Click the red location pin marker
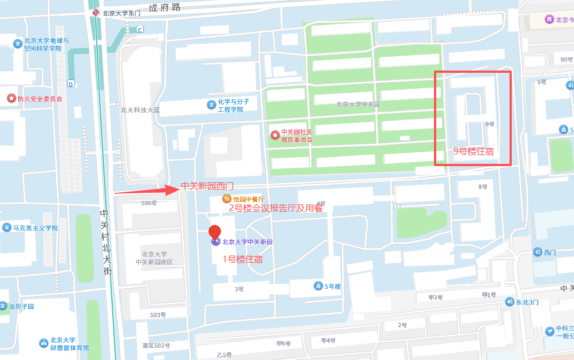(x=214, y=233)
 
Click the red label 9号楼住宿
(x=473, y=151)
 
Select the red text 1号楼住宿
(x=243, y=259)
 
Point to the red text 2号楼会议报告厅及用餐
(x=276, y=208)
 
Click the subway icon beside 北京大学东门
(x=96, y=13)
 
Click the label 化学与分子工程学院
(x=233, y=105)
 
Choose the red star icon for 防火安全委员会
(x=11, y=98)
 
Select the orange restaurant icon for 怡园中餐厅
(x=226, y=198)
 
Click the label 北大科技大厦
(x=140, y=110)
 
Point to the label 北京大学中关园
(x=357, y=104)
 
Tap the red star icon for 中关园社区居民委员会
(x=274, y=135)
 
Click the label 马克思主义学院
(x=36, y=228)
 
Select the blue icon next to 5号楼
(x=318, y=286)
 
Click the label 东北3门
(x=527, y=302)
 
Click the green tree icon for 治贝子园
(x=4, y=307)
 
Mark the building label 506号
(x=149, y=203)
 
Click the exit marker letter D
(x=71, y=84)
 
